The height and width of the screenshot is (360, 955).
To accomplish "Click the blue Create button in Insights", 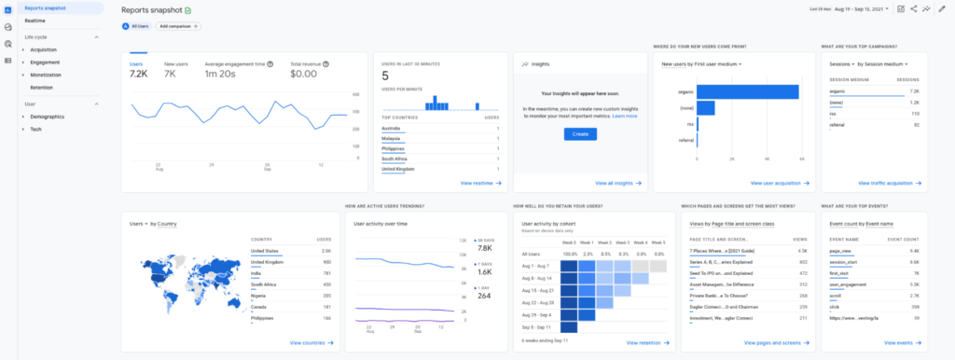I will [580, 134].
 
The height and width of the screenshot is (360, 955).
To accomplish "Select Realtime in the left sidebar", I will [35, 20].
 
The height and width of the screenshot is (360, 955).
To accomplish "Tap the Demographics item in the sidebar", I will [47, 117].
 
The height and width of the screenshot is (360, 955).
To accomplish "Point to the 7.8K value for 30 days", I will [483, 248].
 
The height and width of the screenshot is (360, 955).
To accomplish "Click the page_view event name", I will [840, 251].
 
